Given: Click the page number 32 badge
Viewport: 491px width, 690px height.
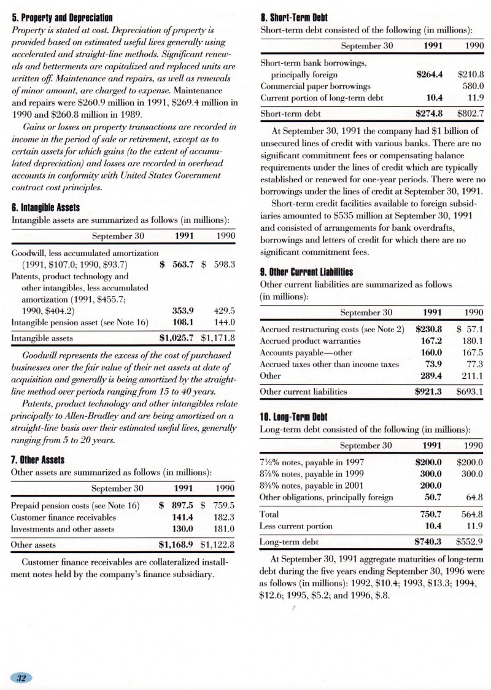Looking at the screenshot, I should coord(21,678).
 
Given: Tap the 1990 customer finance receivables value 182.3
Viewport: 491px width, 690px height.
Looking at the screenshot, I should coord(223,517).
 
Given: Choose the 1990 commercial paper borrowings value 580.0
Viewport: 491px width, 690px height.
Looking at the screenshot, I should coord(473,86).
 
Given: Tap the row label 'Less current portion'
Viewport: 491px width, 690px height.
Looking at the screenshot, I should coord(296,526).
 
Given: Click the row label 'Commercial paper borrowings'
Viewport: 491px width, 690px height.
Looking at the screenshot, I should coord(315,86).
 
